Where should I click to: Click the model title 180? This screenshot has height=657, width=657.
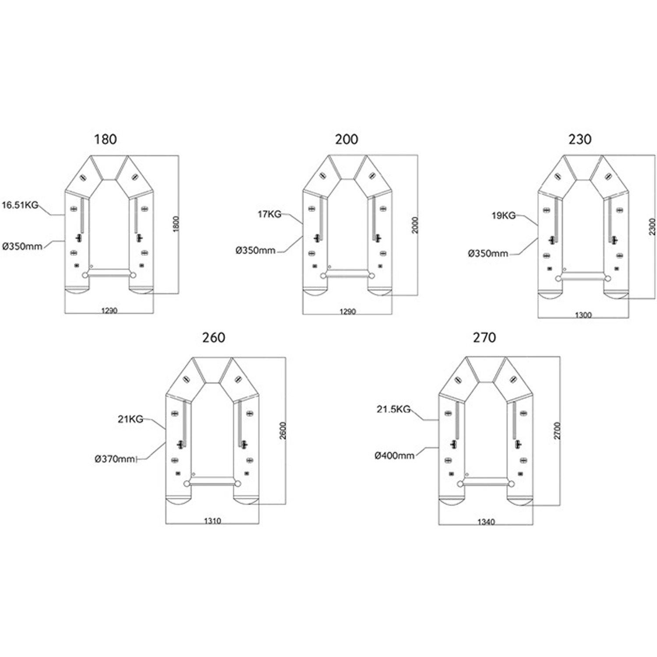tap(105, 139)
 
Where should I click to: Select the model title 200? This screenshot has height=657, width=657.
tap(346, 139)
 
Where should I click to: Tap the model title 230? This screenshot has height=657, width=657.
tap(580, 139)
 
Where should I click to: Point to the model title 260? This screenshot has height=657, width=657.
tap(214, 337)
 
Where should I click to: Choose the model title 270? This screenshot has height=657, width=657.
tap(484, 337)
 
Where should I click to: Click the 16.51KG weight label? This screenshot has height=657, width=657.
tap(20, 205)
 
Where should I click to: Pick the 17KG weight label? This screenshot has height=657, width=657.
tap(269, 214)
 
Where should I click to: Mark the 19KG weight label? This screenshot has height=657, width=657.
tap(504, 215)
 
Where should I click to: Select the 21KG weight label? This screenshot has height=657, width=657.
tap(131, 419)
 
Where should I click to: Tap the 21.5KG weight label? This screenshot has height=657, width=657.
tap(394, 409)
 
